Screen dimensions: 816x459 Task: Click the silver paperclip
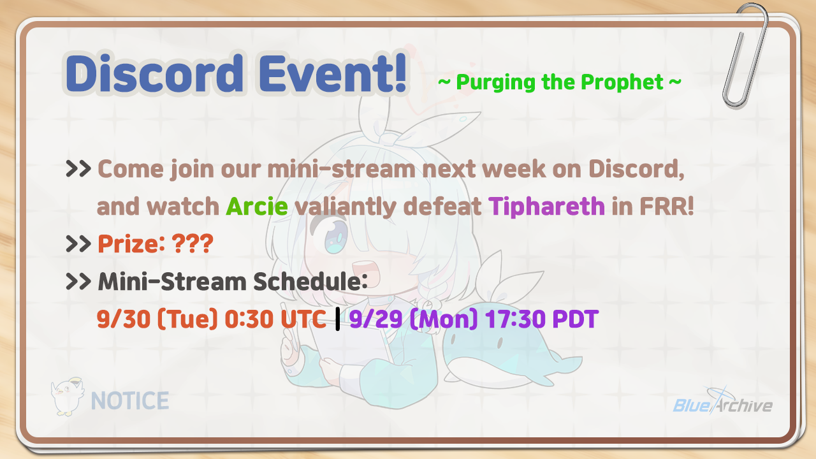745,55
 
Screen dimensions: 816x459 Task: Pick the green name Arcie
257,207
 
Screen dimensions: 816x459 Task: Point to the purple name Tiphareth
546,207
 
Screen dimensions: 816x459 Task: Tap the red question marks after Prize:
193,244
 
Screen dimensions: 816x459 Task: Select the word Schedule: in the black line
310,282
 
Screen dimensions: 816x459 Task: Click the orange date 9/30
124,319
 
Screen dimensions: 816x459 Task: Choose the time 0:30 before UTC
249,319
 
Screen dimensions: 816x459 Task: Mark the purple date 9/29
376,319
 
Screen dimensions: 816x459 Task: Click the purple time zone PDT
575,319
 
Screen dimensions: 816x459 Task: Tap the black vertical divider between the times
337,319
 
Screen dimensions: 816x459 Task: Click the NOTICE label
130,401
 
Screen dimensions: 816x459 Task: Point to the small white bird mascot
68,397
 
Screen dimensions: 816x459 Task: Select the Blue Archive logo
723,402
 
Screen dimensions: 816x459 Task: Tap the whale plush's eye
500,342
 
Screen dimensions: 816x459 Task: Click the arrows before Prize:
78,244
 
